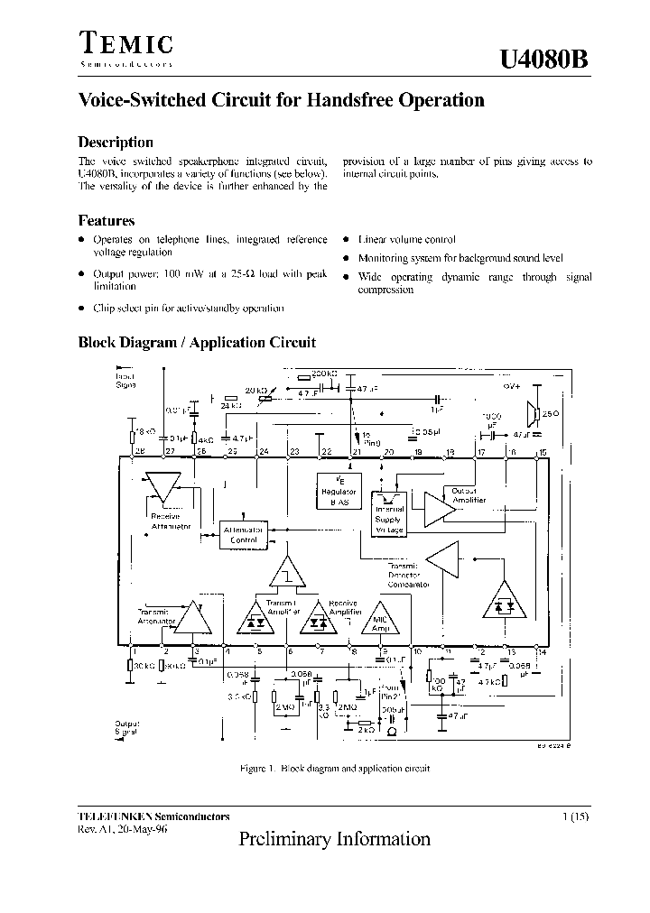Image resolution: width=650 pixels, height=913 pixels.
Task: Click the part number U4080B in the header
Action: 544,59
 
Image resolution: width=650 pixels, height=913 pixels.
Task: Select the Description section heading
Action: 116,142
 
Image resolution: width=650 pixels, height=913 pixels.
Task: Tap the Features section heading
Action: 107,220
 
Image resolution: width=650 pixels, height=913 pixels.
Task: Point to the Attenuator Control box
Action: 244,533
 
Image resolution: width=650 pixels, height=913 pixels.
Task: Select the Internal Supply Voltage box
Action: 390,520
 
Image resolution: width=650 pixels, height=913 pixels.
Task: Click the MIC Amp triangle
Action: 378,622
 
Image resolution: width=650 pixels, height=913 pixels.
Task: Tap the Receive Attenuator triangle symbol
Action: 164,488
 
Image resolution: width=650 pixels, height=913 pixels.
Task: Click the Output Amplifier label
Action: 469,495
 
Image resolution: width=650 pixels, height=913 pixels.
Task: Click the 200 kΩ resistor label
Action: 323,373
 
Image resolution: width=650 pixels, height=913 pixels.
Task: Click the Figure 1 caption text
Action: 334,768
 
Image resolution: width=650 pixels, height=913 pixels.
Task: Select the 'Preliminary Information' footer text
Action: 334,839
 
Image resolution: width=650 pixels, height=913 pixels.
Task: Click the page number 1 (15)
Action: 577,816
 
